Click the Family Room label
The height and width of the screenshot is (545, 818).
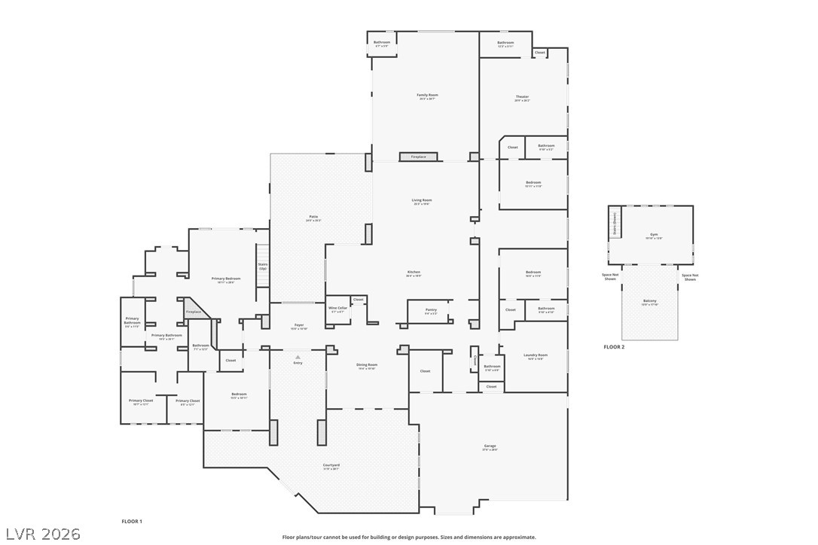click(x=428, y=96)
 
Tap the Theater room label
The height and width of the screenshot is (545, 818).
click(x=522, y=97)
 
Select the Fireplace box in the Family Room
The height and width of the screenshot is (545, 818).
click(x=418, y=157)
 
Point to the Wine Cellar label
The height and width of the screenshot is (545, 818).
click(x=337, y=308)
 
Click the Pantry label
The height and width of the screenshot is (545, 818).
click(x=431, y=309)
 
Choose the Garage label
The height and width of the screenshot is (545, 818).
click(x=490, y=446)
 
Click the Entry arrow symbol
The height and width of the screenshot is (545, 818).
click(x=298, y=356)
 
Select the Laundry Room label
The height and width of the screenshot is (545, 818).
click(x=536, y=355)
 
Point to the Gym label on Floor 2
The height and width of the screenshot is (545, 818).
click(x=654, y=235)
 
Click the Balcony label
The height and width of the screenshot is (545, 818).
click(x=649, y=303)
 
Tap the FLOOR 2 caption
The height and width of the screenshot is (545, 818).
click(x=614, y=347)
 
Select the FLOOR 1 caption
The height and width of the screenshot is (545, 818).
click(x=132, y=521)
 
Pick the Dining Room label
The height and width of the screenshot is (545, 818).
click(x=367, y=365)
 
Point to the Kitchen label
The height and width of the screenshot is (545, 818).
click(x=414, y=272)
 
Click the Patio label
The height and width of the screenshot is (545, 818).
click(x=313, y=217)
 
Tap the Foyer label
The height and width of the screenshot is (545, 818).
click(x=299, y=325)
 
